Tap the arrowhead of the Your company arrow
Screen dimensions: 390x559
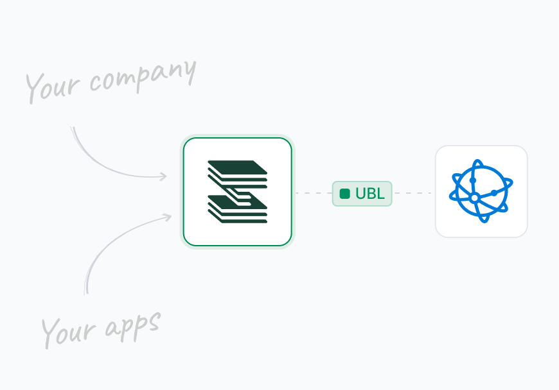tap(163, 176)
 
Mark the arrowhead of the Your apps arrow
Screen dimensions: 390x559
tap(168, 216)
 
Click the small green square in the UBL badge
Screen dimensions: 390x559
tap(345, 194)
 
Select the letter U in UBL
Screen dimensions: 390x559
tap(360, 194)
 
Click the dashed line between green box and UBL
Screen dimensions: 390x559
tap(312, 192)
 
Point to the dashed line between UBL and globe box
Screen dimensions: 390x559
tap(413, 192)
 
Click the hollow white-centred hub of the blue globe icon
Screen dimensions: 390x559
tap(475, 198)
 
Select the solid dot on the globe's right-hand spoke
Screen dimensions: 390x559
tap(493, 192)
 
